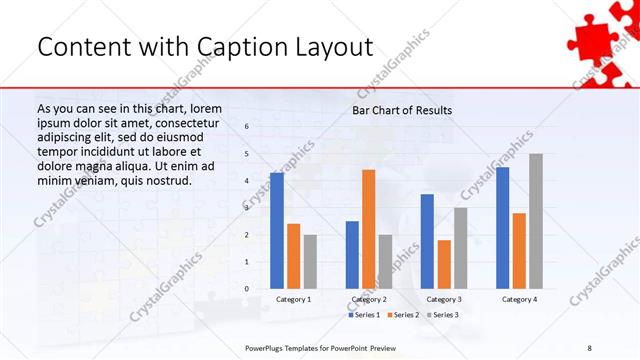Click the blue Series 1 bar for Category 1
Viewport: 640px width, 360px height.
[276, 230]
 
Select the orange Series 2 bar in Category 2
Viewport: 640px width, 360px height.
[368, 229]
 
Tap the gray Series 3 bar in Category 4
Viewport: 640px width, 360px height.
[536, 221]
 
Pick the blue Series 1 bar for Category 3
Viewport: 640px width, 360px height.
[427, 241]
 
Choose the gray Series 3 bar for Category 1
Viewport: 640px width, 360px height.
[310, 261]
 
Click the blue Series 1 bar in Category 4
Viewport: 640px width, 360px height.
[502, 227]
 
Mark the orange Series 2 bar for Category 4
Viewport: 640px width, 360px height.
[519, 250]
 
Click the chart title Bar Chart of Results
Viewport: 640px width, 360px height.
[402, 110]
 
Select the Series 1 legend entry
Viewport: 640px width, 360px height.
[365, 315]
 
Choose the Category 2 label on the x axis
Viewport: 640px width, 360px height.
[368, 299]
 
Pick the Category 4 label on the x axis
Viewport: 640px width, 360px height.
[519, 299]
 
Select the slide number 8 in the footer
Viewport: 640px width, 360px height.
[590, 347]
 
